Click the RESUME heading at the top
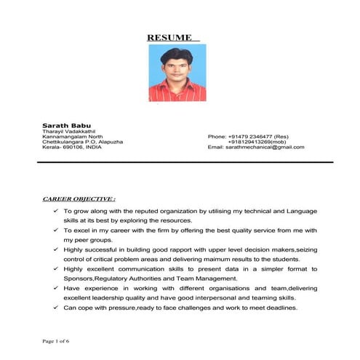172,37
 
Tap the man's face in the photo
175,63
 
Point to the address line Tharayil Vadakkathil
69,130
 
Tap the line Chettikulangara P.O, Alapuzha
82,141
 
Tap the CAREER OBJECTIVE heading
79,198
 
